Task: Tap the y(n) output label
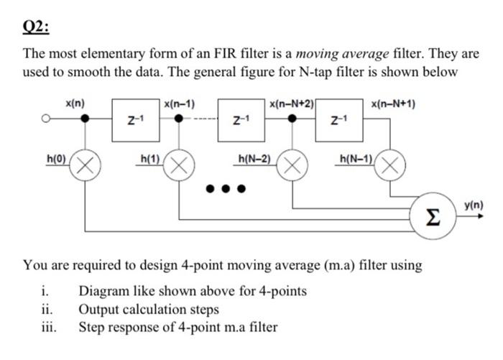(x=474, y=206)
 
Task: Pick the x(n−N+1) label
(x=392, y=104)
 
